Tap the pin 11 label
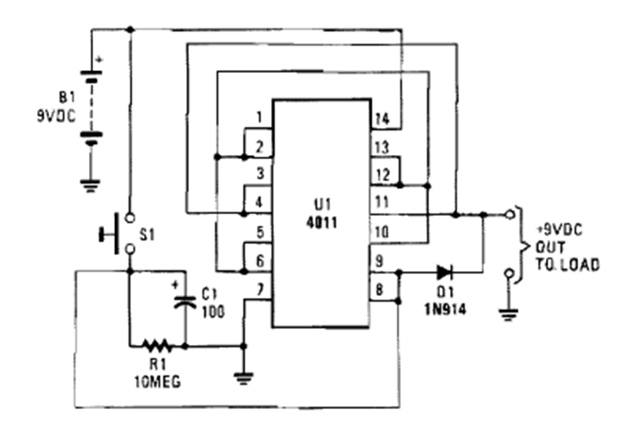380,203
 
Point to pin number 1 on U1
261,117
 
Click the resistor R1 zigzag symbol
157,346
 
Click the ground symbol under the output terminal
508,314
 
